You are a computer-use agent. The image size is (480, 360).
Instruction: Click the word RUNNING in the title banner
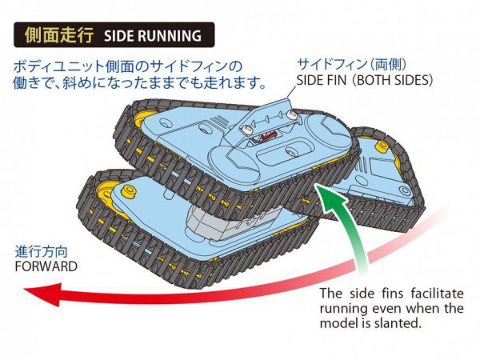(x=170, y=36)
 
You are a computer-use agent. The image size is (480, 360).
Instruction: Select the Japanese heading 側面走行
(x=59, y=35)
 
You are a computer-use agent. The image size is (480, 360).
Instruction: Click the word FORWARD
(x=46, y=266)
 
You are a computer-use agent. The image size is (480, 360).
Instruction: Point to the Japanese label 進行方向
(x=42, y=252)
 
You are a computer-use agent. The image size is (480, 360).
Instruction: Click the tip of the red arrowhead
(x=24, y=290)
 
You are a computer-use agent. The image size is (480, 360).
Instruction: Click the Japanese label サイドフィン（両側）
(x=353, y=64)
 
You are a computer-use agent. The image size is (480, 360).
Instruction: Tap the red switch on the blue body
(x=269, y=136)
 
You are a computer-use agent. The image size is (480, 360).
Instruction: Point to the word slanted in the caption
(x=397, y=323)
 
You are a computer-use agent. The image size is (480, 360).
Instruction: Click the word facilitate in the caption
(x=438, y=294)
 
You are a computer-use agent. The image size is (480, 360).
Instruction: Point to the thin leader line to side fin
(x=291, y=94)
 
